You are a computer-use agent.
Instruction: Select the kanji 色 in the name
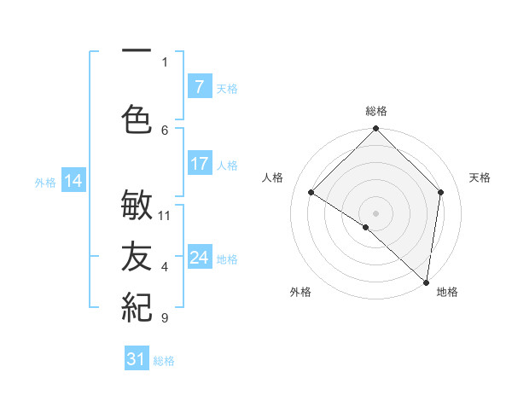[x=137, y=119]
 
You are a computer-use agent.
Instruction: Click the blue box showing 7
[x=199, y=87]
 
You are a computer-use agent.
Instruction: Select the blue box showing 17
[x=199, y=164]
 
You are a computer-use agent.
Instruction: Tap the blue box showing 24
[x=199, y=258]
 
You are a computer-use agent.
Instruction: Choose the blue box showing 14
[x=73, y=181]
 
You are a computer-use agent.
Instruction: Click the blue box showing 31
[x=137, y=359]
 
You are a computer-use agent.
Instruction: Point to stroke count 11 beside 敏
[x=165, y=215]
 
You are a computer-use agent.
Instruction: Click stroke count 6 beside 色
[x=165, y=130]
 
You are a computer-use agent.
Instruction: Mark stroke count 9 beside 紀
[x=165, y=318]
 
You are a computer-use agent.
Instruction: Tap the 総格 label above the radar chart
[x=375, y=111]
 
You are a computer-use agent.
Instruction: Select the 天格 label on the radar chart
[x=480, y=177]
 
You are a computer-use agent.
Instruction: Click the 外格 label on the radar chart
[x=300, y=292]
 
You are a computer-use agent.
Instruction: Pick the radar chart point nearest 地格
[x=426, y=282]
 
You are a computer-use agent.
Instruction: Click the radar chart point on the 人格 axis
[x=311, y=193]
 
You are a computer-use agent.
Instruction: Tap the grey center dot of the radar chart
[x=375, y=212]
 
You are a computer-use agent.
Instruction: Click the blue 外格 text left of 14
[x=45, y=182]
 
